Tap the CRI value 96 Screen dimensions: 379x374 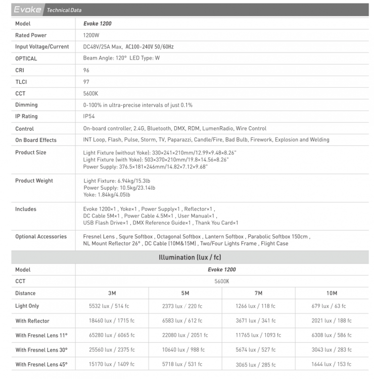[x=86, y=70]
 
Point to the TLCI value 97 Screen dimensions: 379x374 [x=86, y=82]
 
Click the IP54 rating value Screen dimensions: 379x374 [x=89, y=117]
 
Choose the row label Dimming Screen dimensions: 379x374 [x=26, y=105]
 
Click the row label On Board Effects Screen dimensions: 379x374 [x=36, y=140]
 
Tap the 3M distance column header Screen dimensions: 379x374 [x=112, y=293]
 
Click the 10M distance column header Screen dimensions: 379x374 [x=332, y=293]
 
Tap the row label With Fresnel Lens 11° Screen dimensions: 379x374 [x=41, y=336]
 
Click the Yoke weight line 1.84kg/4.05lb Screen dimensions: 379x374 [x=107, y=195]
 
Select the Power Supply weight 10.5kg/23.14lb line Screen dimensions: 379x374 [x=119, y=188]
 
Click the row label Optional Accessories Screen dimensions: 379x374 [x=41, y=237]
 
